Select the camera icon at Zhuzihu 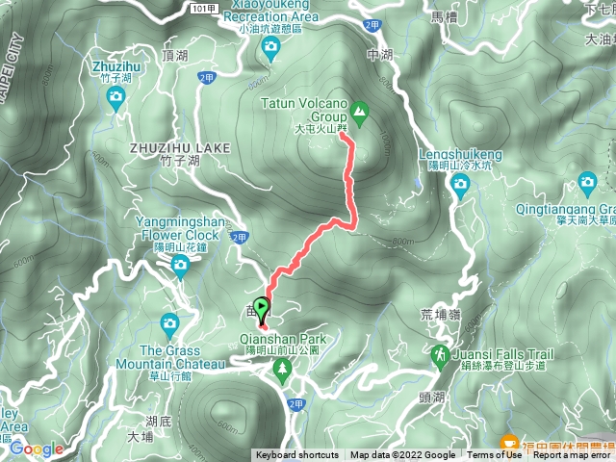[115, 96]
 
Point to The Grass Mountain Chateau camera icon [170, 324]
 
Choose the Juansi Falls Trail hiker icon [440, 356]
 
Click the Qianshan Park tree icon [282, 373]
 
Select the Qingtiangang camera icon [587, 181]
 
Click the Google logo [36, 449]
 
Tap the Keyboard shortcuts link [297, 455]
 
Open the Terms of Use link [495, 455]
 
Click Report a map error [574, 455]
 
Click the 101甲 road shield [203, 7]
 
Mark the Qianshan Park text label [287, 339]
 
